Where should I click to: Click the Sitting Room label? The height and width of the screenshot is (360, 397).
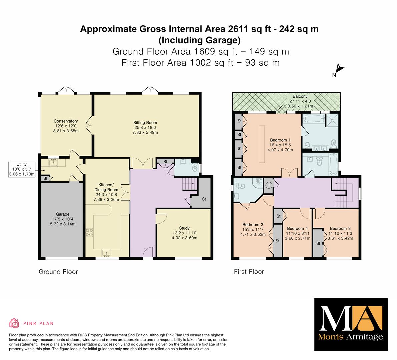point(145,123)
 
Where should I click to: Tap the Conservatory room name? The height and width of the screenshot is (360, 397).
point(66,121)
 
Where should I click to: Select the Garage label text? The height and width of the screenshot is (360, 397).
point(63,214)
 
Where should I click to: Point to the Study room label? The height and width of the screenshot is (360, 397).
point(184,228)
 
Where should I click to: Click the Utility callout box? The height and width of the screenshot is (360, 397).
point(22,169)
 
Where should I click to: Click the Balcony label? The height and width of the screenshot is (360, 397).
point(300,96)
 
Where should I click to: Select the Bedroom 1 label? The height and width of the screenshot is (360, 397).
point(280,140)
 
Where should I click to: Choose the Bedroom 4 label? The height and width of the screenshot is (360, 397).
point(297,229)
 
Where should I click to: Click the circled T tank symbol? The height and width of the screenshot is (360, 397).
point(269,185)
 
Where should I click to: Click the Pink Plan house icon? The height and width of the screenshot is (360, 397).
point(14,323)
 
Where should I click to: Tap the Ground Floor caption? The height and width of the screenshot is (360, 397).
point(58,272)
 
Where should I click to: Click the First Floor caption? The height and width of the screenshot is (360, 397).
point(249,272)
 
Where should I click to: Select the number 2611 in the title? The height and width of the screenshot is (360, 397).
point(238,29)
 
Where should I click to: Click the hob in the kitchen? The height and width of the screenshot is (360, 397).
point(89,233)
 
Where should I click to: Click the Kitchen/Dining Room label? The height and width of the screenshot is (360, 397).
point(106,187)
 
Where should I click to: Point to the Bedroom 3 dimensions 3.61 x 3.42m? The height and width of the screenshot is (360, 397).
point(340,238)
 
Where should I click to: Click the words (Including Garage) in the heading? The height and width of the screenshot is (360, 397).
point(200,40)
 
